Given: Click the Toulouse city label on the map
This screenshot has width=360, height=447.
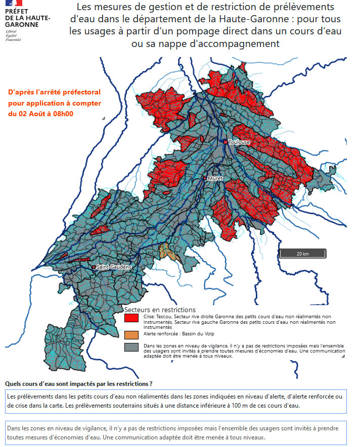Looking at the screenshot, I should coord(239,142).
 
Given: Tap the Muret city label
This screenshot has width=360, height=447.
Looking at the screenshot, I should coord(215,178).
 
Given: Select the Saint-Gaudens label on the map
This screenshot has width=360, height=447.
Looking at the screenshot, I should coord(114,267).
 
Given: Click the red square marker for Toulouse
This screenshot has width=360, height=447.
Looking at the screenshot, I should coord(226,142).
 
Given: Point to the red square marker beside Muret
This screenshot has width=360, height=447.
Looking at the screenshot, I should coord(205,178).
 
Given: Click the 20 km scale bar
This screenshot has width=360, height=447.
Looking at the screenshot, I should coord(302,253).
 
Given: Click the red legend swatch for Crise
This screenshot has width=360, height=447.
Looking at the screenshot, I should coord(131,318).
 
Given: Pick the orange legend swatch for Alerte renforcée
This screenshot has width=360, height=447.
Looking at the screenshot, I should coord(131,334).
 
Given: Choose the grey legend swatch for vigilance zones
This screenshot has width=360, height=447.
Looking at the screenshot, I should coord(131,347).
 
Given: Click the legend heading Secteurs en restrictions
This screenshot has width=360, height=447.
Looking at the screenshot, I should coord(160,309).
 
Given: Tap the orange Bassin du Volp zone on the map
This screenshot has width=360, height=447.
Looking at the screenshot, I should coord(165,251).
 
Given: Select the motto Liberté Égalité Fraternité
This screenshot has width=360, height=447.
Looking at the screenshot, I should coord(14,35).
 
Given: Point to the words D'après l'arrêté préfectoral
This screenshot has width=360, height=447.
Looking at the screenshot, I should coord(55,92).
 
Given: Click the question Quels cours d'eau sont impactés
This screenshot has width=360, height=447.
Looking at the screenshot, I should coord(78,384).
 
